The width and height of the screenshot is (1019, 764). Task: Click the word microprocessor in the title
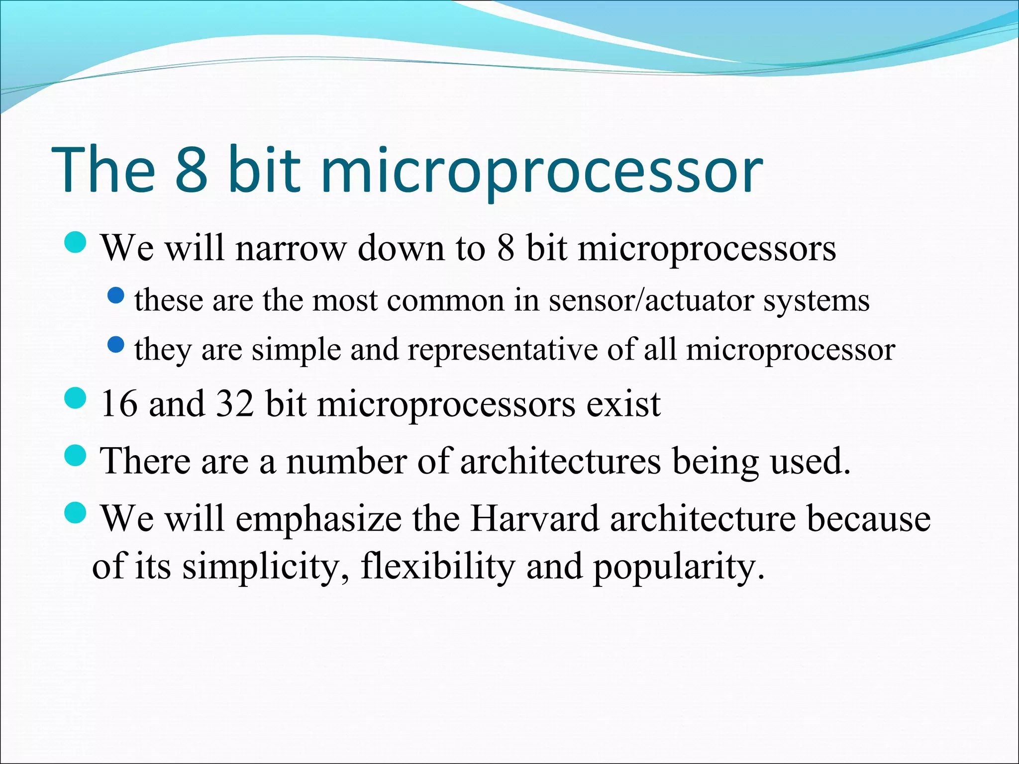(541, 172)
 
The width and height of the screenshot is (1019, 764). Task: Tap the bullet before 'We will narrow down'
(76, 243)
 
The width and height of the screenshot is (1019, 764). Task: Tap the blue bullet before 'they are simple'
(116, 345)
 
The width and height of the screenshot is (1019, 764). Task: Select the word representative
(503, 350)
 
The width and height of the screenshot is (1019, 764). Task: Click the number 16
(119, 403)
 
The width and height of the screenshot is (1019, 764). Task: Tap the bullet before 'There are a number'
(76, 455)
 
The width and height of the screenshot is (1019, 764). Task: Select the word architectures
(560, 461)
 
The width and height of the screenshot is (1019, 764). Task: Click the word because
(868, 518)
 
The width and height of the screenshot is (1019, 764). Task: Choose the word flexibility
(438, 567)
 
